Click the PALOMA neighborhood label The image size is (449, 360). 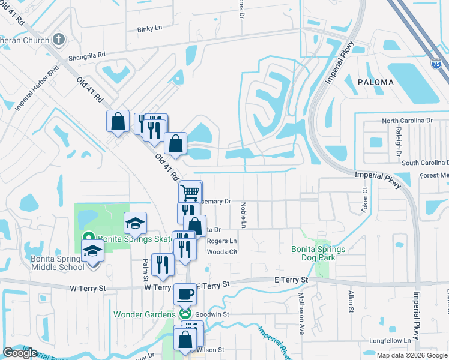tap(375, 82)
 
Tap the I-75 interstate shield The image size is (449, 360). tap(436, 62)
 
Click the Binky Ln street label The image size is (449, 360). tap(149, 28)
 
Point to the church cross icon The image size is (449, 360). tap(58, 40)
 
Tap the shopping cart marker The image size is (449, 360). tap(190, 192)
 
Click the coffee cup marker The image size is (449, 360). tap(185, 295)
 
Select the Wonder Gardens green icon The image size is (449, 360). tap(185, 314)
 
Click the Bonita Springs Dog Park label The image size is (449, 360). tap(318, 253)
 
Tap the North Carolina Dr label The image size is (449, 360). tap(408, 121)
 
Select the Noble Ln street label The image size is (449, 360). tap(244, 215)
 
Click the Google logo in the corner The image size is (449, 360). tap(20, 353)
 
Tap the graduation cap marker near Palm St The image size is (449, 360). tap(136, 224)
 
